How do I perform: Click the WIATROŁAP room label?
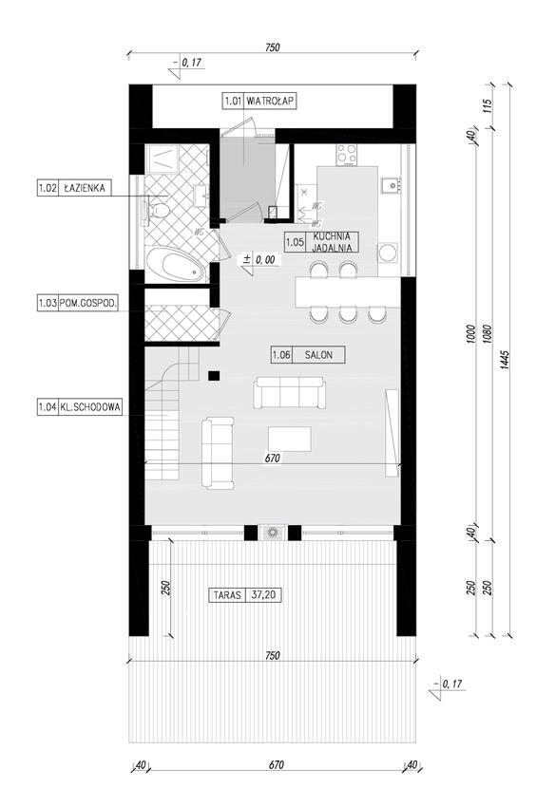coord(259,101)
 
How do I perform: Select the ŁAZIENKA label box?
coord(74,188)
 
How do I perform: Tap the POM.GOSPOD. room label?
coord(78,303)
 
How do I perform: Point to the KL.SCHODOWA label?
coord(80,407)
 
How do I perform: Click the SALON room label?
coord(308,355)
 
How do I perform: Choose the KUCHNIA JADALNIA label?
coord(322,242)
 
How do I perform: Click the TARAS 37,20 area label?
coord(246,595)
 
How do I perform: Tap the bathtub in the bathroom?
coord(176,265)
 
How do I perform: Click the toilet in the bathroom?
coord(157,211)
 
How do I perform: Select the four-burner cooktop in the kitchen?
coord(347,154)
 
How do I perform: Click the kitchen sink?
coord(391,184)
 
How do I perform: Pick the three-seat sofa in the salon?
coord(290,392)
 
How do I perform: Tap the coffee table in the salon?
coord(290,439)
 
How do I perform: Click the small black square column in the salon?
coord(214,376)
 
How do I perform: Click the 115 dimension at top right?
coord(488,105)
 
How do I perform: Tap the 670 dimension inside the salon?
coord(273,458)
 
